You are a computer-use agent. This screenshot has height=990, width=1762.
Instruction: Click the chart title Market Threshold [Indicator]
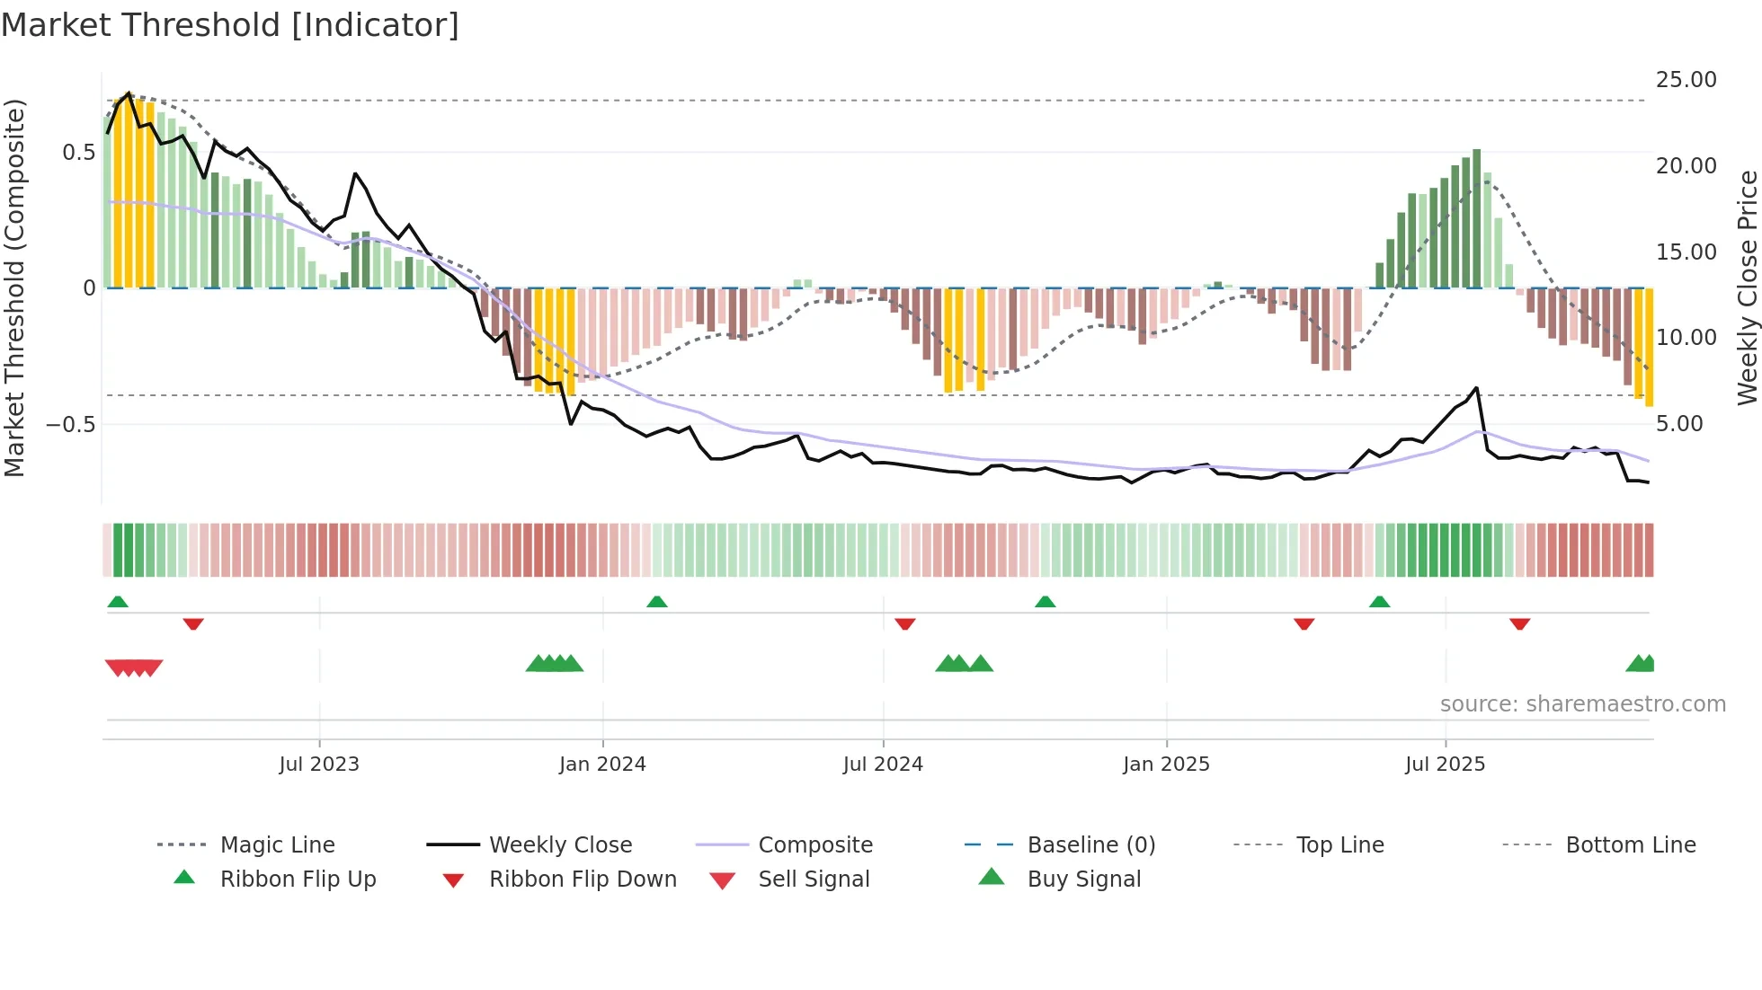230,25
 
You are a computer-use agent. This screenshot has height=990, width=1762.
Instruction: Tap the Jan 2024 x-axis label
602,765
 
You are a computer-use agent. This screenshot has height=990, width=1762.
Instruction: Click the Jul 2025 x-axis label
1445,765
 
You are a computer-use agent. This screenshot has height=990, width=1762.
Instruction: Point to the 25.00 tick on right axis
1686,80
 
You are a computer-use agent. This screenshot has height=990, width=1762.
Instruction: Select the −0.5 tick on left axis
71,424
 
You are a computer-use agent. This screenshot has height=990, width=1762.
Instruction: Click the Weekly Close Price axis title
1747,287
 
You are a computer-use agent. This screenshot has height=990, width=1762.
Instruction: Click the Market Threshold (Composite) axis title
14,287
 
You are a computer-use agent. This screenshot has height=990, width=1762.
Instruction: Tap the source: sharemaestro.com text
1582,704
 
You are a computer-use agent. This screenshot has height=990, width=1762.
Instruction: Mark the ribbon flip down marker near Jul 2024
905,623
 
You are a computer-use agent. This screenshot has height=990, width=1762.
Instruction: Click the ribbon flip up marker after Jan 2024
657,602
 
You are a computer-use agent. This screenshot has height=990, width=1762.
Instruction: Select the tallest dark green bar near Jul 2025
1476,218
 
